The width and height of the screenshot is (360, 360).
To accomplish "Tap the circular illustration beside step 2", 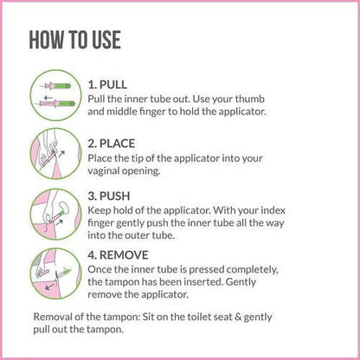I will click(54, 151).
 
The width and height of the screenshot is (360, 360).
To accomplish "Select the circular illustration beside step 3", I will click(54, 209).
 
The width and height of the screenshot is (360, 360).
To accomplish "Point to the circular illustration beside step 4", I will click(54, 269).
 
